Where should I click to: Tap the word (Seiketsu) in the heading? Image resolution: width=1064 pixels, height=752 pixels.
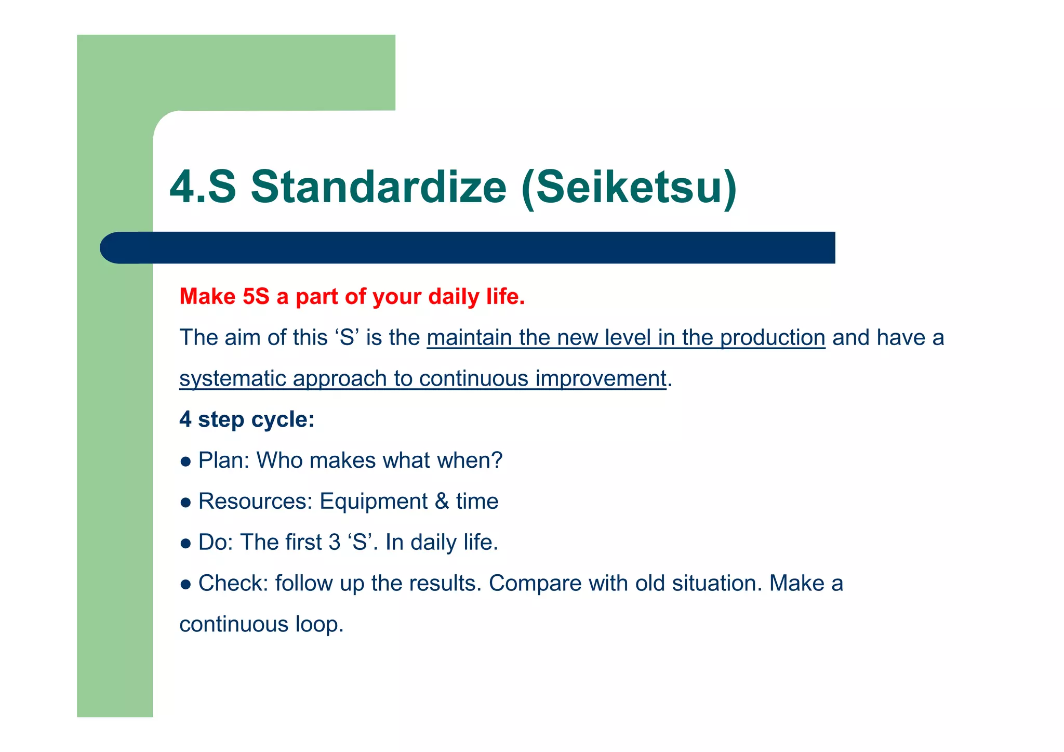(x=629, y=188)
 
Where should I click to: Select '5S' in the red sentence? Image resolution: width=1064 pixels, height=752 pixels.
(x=256, y=297)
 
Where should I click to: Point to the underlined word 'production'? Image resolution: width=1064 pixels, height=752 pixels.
(x=773, y=338)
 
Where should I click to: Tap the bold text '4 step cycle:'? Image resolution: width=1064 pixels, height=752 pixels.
(x=247, y=419)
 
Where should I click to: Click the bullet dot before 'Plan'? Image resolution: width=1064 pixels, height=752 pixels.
(x=185, y=461)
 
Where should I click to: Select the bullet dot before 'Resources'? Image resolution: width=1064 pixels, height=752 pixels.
(x=185, y=503)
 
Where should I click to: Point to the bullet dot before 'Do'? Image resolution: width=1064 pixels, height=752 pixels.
(x=185, y=544)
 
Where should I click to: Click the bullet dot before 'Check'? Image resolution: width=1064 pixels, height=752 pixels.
(x=185, y=585)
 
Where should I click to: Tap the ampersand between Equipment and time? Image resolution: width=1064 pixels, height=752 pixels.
(x=442, y=502)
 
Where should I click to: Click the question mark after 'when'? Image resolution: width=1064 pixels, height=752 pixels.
(x=497, y=460)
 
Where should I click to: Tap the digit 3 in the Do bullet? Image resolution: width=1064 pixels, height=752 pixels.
(x=334, y=543)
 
